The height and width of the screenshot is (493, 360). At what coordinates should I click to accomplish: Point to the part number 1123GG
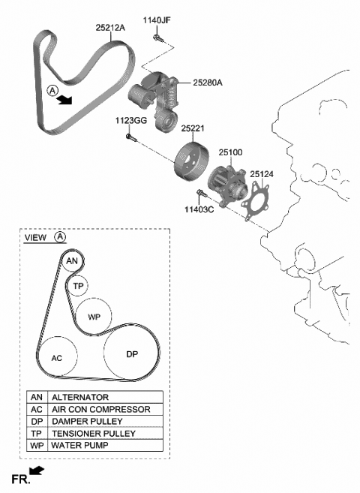pos(129,120)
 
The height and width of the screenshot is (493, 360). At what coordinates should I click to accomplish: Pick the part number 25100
pos(230,152)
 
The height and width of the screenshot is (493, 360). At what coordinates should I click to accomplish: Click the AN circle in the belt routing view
pos(72,261)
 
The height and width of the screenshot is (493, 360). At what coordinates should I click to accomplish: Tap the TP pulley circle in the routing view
pos(78,286)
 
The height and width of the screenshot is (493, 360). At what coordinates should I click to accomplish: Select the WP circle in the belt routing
pos(94,317)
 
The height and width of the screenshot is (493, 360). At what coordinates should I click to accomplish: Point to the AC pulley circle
pos(57,358)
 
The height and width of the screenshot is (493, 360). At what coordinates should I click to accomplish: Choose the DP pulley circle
pos(131,353)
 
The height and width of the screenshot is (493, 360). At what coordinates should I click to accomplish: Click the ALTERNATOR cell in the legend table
pos(105,397)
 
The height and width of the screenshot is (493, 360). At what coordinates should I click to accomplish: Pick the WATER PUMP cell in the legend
pos(105,445)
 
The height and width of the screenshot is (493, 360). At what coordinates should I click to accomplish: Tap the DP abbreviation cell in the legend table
pos(37,421)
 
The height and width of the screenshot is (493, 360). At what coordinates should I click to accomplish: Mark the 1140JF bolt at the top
pos(155,38)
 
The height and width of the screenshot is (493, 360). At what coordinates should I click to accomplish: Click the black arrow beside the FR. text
pos(37,471)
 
